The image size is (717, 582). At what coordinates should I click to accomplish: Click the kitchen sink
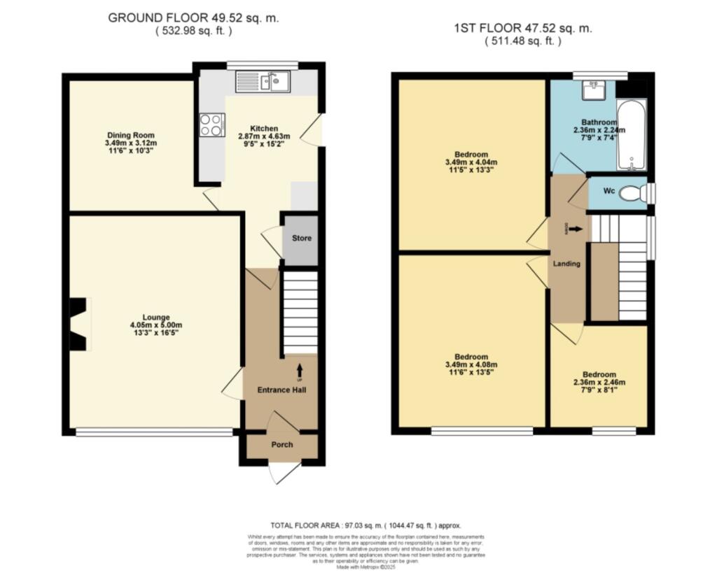(x=275, y=82)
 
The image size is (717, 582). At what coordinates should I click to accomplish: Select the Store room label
(x=301, y=239)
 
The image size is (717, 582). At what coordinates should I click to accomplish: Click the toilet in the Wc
(x=634, y=193)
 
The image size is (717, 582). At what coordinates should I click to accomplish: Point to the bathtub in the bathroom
(x=632, y=134)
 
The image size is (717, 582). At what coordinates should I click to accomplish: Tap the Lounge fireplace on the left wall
(x=78, y=324)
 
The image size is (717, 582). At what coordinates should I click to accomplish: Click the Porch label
(x=282, y=445)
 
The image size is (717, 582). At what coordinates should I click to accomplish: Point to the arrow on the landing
(x=576, y=228)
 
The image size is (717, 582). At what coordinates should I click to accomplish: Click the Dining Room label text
(x=130, y=135)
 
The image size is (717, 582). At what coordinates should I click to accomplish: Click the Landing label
(x=566, y=264)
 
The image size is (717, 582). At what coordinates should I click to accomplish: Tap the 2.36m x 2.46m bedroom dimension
(x=599, y=382)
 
